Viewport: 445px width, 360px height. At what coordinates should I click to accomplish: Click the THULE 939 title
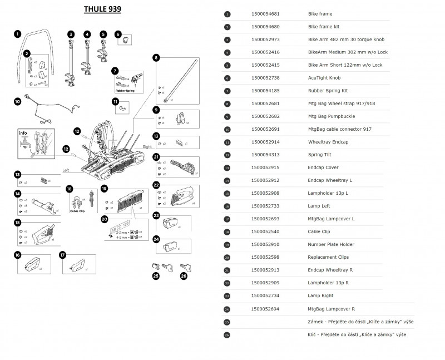[102, 9]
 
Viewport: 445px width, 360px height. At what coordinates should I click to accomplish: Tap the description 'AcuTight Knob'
[324, 78]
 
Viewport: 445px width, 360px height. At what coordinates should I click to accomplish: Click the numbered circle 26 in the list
[227, 334]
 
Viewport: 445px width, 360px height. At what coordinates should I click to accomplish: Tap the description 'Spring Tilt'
[321, 155]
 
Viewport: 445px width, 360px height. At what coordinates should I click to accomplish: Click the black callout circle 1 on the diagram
[18, 34]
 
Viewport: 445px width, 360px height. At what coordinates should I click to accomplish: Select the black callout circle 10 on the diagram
[18, 102]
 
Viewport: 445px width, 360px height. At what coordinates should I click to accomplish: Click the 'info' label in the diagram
[23, 134]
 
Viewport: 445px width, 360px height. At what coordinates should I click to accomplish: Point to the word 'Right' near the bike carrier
[147, 146]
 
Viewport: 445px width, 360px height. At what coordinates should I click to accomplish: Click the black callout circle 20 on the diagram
[104, 220]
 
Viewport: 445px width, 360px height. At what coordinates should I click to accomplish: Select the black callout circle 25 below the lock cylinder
[156, 275]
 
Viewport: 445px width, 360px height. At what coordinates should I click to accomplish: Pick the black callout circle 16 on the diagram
[18, 255]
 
